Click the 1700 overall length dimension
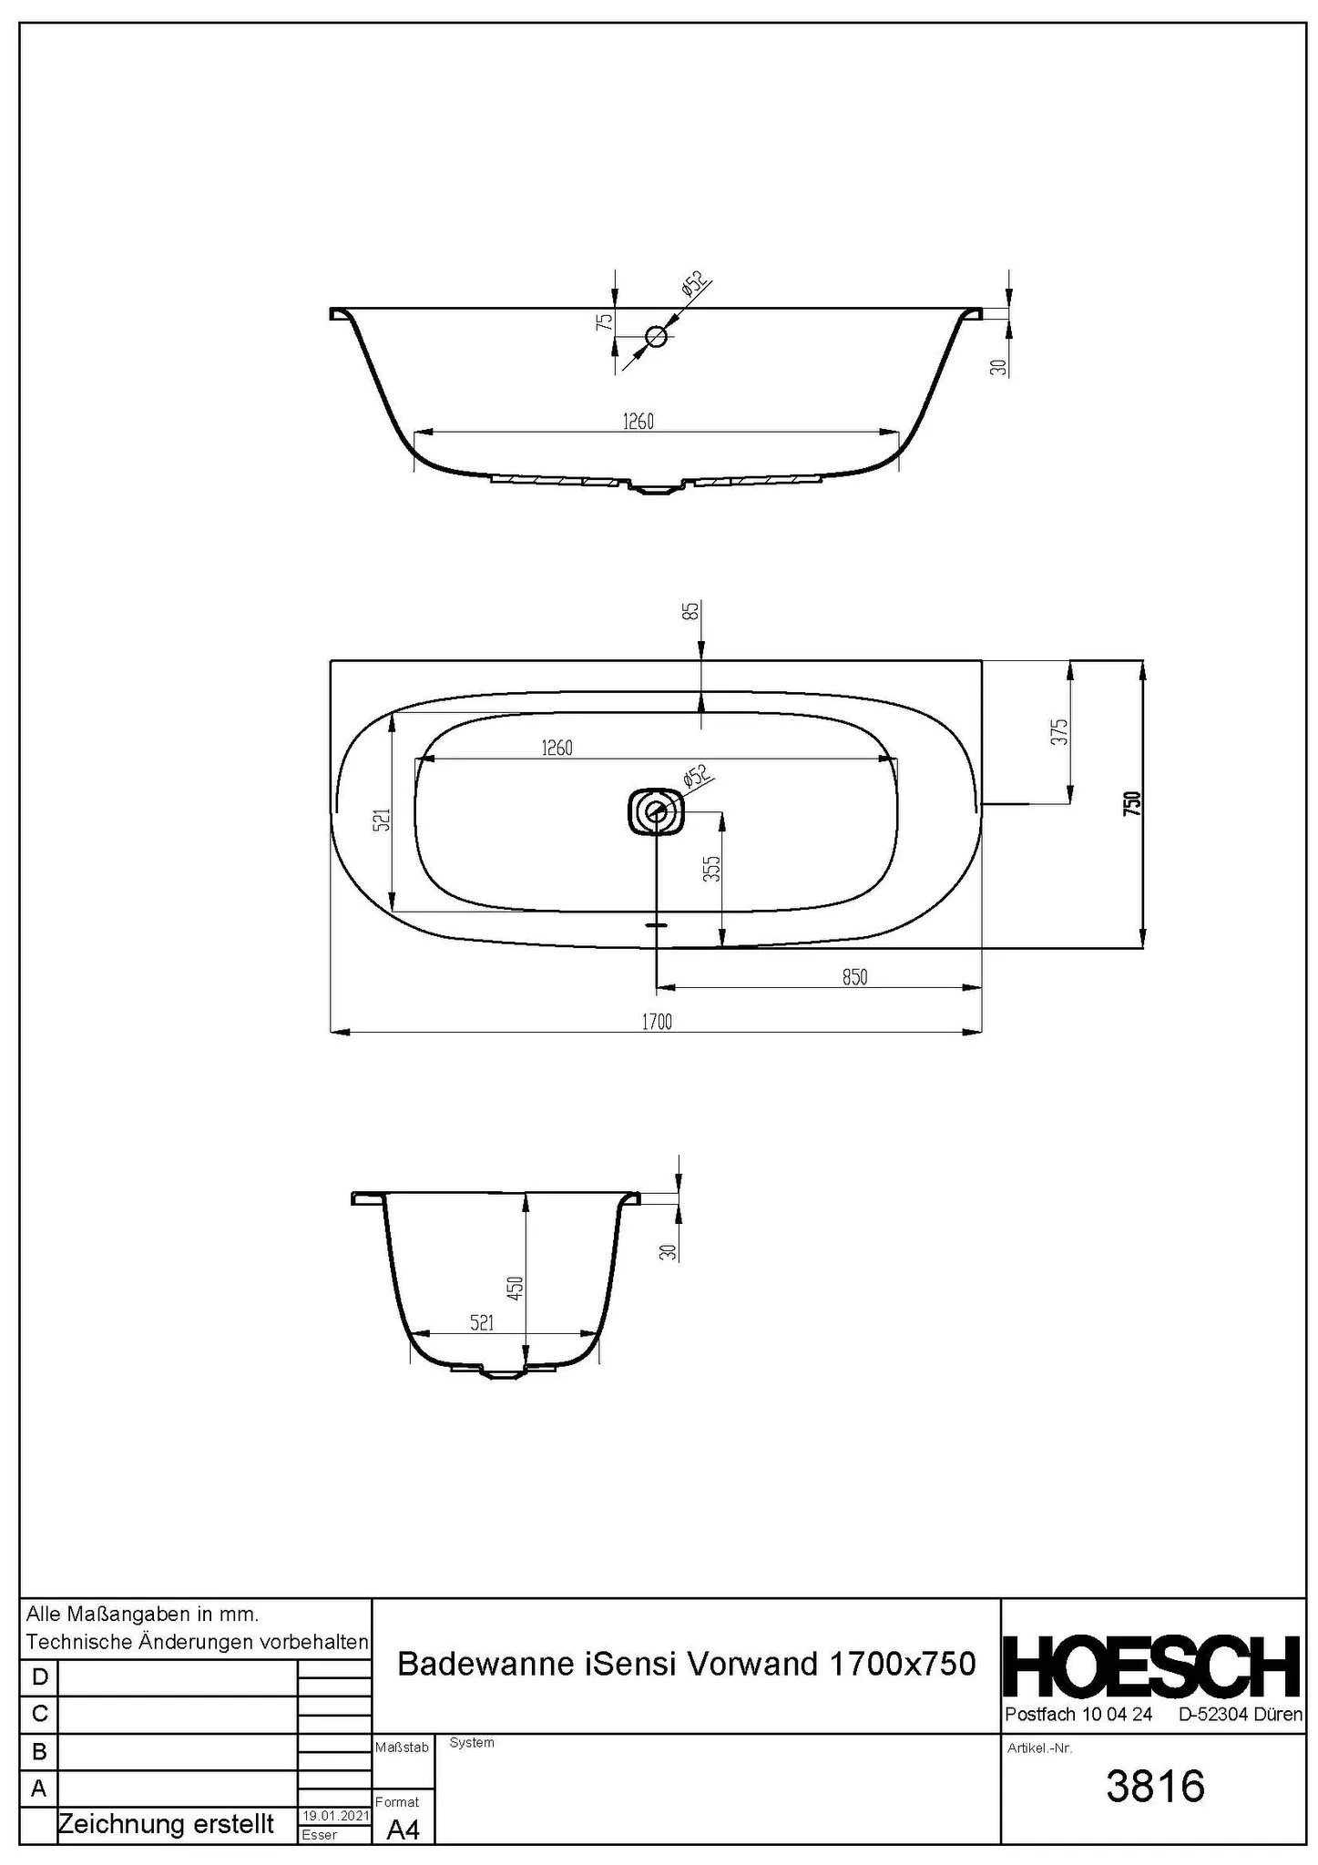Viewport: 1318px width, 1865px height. pos(656,1022)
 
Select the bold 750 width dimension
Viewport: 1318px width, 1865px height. pos(1131,804)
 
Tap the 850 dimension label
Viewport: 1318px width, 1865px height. pos(854,977)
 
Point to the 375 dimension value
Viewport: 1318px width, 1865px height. pos(1058,732)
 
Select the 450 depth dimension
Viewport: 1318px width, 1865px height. pos(515,1288)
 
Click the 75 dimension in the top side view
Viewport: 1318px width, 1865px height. pos(604,321)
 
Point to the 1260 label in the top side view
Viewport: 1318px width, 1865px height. pos(638,422)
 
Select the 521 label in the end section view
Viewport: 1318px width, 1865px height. pos(482,1322)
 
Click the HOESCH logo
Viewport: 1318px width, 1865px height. pos(1152,1666)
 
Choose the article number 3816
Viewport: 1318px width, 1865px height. pos(1155,1787)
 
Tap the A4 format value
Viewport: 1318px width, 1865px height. pos(403,1829)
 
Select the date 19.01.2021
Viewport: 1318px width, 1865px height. pos(335,1816)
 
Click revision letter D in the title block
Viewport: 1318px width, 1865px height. pos(38,1677)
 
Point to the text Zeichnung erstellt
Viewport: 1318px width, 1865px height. pos(165,1824)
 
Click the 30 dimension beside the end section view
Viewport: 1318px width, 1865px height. pos(669,1252)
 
